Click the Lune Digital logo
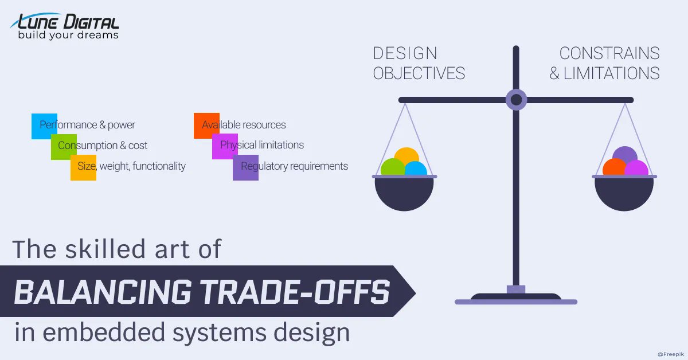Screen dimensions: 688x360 64,26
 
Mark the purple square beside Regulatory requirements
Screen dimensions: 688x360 245,167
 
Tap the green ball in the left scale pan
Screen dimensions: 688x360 393,167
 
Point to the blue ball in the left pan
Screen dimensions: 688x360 416,169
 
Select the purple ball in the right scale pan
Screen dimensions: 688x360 625,155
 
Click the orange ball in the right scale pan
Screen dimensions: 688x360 614,167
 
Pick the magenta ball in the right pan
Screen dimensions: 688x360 637,169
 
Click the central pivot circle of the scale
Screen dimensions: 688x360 516,100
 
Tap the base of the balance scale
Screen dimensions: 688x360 516,299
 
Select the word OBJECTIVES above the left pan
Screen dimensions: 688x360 419,73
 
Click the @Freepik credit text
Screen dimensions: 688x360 670,354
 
